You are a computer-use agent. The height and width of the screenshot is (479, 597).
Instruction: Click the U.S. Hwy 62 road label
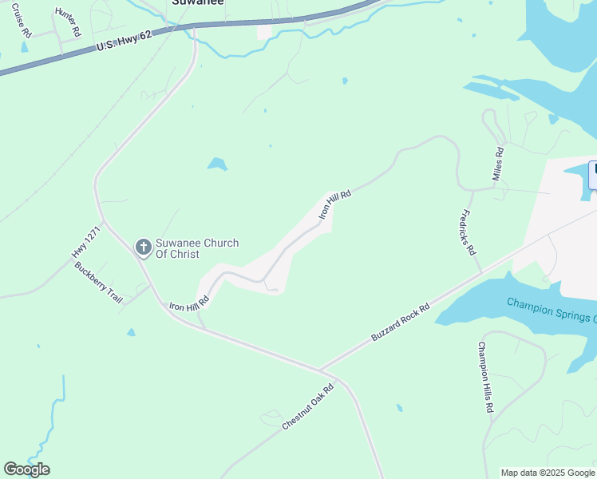tap(124, 41)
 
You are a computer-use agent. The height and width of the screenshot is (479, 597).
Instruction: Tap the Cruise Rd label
tap(22, 22)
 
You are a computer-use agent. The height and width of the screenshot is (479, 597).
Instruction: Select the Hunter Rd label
tap(69, 22)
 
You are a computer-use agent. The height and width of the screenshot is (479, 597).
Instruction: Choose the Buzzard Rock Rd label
tap(401, 322)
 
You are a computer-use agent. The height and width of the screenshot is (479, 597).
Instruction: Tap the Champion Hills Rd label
tap(484, 377)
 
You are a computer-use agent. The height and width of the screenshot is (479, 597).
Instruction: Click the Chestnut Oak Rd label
tap(308, 406)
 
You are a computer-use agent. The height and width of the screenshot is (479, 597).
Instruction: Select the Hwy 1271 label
tap(85, 241)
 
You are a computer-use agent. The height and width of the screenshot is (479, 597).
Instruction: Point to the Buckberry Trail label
tap(99, 281)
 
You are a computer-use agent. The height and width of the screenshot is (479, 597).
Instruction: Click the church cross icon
tap(143, 247)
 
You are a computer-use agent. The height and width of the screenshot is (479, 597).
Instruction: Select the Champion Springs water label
tap(551, 309)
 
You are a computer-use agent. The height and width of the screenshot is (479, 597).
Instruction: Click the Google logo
tap(26, 469)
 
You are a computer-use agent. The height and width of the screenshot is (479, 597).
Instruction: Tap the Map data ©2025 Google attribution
tap(548, 473)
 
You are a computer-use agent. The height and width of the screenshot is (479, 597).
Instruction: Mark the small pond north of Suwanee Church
tap(217, 164)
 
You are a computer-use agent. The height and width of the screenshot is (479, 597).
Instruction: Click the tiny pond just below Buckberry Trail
tap(131, 332)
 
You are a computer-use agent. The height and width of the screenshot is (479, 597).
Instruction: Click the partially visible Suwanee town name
tap(198, 2)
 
